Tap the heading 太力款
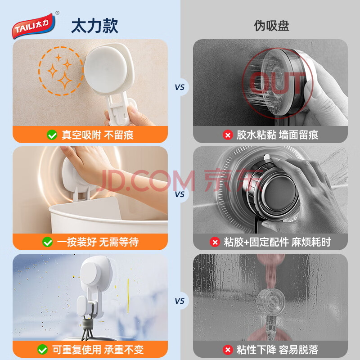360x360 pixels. pos(95,26)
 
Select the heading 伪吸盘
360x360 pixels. pos(271,26)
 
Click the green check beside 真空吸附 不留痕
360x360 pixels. pos(52,135)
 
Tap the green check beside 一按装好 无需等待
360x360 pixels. pos(48,242)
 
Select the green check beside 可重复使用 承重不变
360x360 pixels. pos(42,350)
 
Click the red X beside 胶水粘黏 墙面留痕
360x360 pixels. pos(228,135)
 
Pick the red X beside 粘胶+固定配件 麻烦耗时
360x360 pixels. pos(215,242)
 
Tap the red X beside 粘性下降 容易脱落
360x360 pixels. pos(228,350)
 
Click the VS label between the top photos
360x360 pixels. pos(180,87)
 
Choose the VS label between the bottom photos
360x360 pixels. pos(180,301)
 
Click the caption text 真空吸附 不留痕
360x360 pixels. pos(98,135)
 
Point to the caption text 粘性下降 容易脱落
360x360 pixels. pos(277,350)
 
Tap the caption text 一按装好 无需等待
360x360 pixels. pos(98,242)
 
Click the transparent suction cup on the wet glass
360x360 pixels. pos(271,301)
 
